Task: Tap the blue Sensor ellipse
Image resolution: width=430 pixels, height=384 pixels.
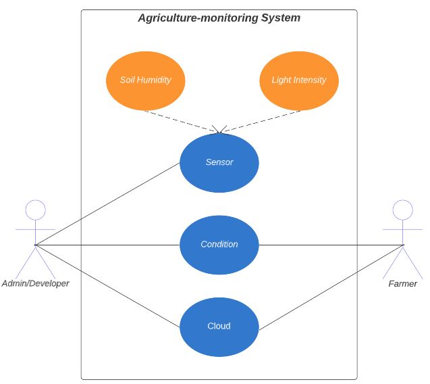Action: coord(219,162)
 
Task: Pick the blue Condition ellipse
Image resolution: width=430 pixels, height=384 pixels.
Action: coord(219,244)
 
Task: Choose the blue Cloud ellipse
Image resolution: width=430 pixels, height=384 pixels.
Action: coord(219,326)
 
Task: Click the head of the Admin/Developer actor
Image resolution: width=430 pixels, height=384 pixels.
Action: coord(35,210)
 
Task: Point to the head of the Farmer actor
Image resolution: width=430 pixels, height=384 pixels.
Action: coord(403,210)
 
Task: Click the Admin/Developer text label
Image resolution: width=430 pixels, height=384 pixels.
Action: coord(35,283)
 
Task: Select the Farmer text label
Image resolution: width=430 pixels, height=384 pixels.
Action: coord(403,283)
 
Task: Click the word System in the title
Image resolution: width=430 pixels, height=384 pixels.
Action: coord(281,18)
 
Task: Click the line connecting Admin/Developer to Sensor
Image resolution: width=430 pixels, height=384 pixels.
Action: coord(108,203)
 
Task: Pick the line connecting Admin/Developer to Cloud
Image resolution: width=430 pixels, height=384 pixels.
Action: coord(108,285)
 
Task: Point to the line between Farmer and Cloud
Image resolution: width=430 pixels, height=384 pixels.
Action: coord(331,287)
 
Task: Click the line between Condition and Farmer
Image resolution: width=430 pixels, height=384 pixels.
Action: coord(331,245)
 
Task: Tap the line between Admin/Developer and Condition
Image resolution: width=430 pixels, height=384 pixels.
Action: coord(108,245)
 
